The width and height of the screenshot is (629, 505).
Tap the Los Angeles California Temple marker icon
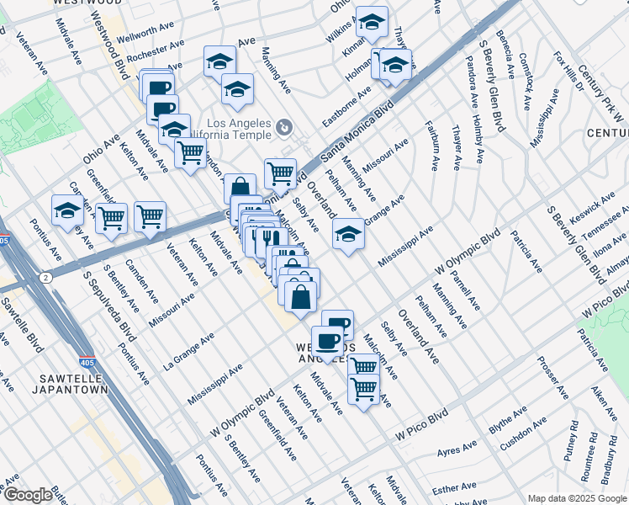[285, 127]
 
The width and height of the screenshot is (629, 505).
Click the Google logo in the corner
[28, 495]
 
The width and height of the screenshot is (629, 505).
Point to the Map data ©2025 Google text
[577, 498]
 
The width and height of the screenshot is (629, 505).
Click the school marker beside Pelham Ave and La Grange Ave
[349, 235]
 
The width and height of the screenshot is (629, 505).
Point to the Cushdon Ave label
[524, 429]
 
